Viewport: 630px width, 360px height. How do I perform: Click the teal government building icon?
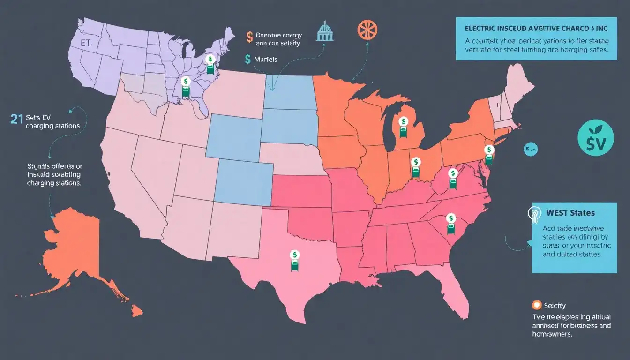click(323, 31)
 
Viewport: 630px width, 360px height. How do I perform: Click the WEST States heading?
click(570, 213)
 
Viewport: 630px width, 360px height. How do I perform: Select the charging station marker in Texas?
click(295, 261)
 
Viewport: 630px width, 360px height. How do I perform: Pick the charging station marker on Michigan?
click(403, 127)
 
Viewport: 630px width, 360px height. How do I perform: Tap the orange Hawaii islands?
click(136, 310)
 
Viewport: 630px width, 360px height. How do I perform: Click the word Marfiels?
click(266, 60)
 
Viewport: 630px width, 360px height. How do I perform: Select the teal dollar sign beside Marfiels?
click(247, 59)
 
